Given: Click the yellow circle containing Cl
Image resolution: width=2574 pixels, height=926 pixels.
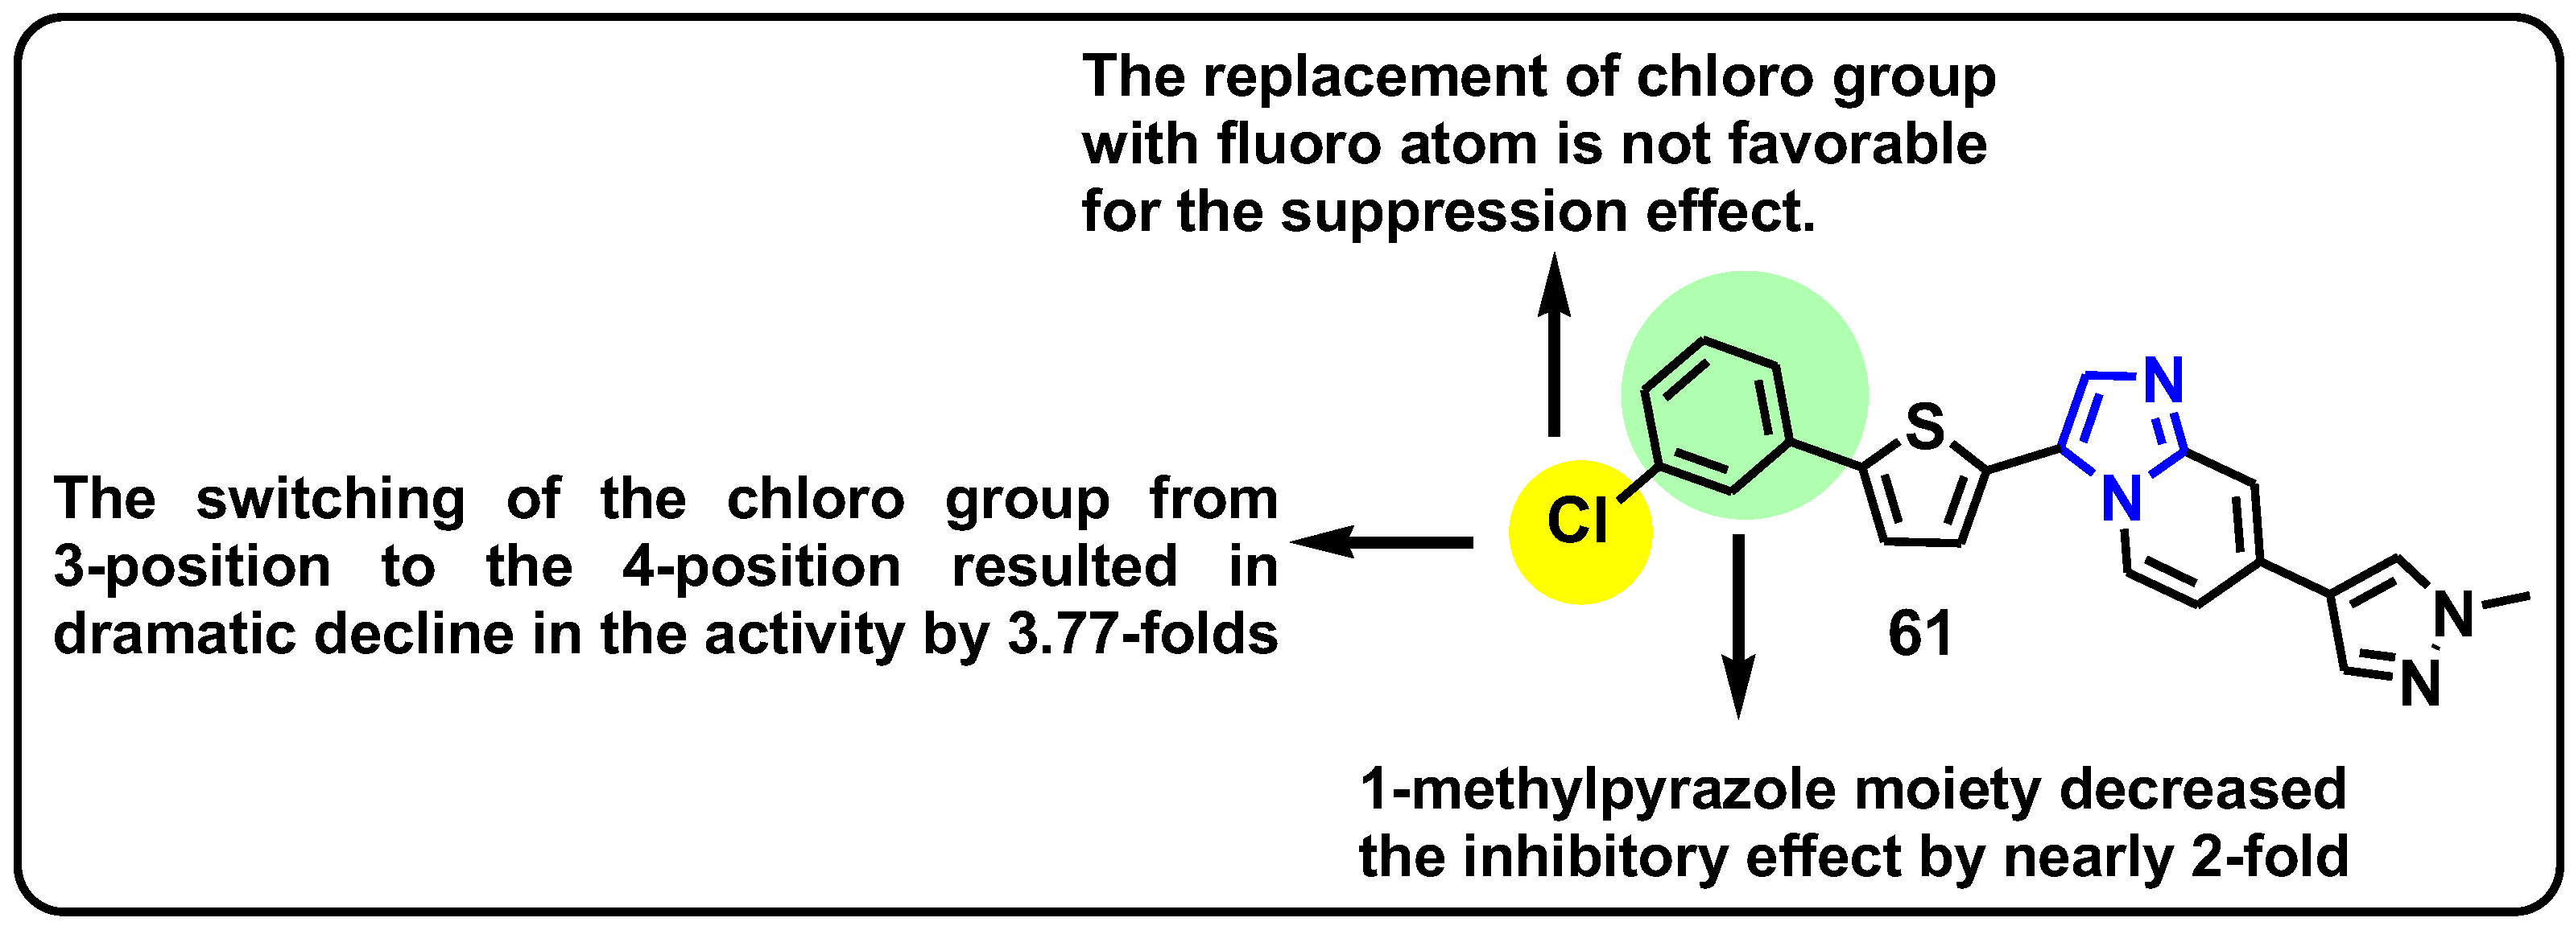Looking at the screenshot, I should click(1580, 532).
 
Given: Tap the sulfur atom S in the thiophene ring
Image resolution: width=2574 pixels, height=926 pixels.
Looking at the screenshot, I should click(1924, 426).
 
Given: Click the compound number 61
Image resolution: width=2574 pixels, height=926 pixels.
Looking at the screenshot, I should click(1919, 633).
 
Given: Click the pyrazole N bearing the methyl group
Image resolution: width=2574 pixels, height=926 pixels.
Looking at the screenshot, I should click(2453, 613).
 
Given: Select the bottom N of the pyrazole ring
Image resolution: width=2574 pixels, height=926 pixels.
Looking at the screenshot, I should click(2420, 685).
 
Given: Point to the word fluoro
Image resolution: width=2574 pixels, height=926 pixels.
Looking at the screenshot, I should click(1299, 145).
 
